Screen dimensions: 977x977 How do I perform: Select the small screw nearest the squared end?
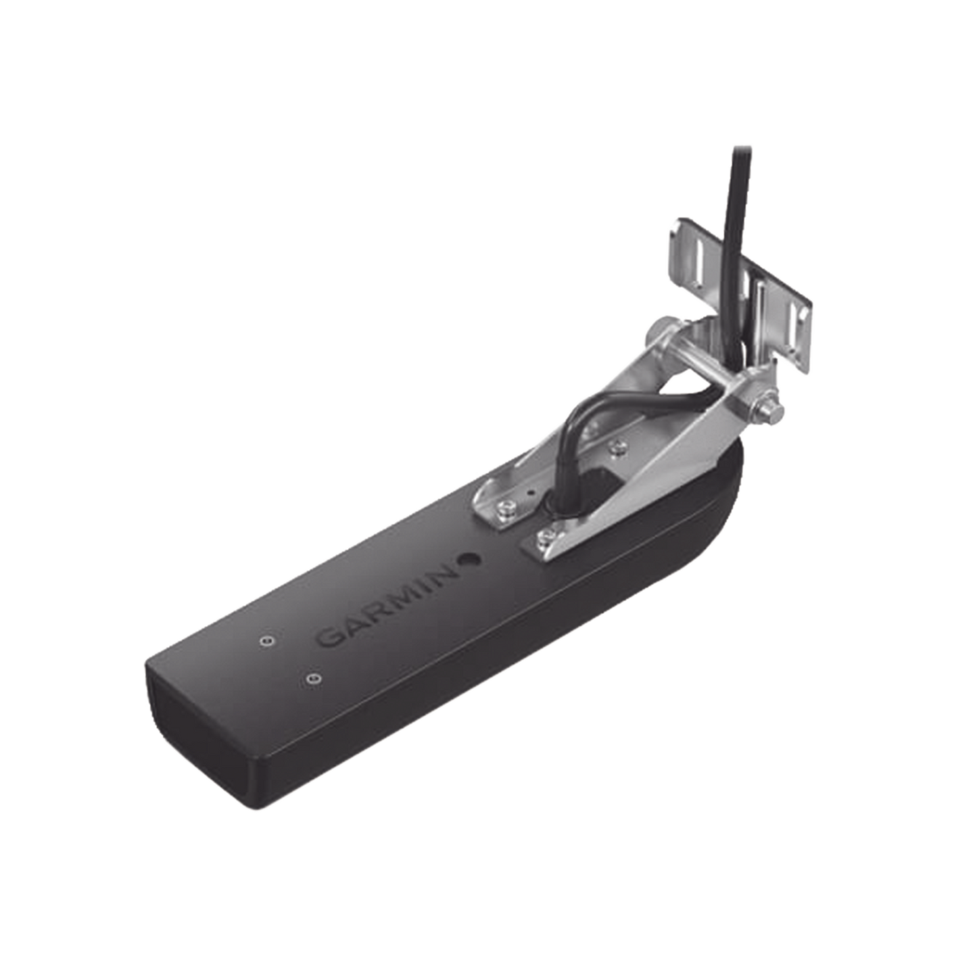(312, 677)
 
